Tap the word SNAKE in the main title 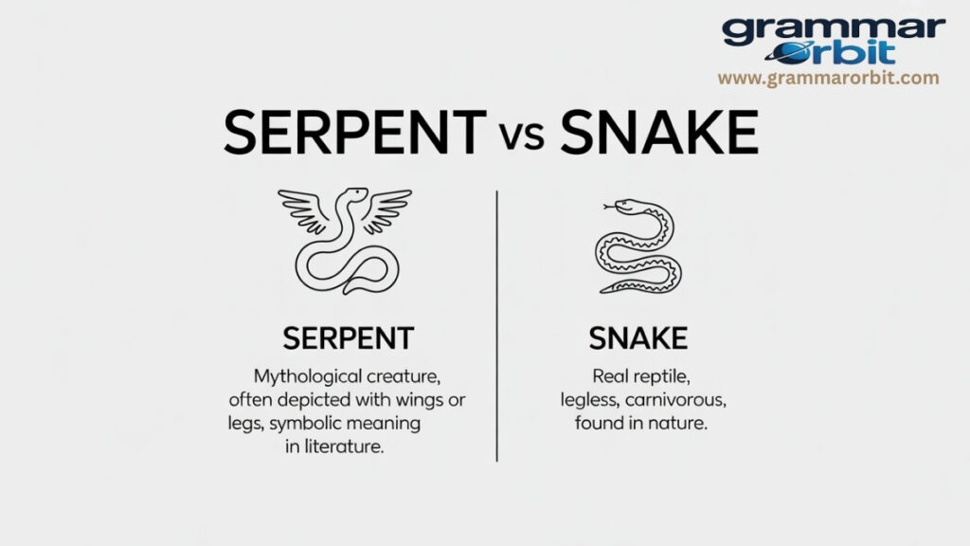click(659, 135)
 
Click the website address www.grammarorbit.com click(828, 78)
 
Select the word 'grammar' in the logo click(833, 30)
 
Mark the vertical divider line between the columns click(497, 322)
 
